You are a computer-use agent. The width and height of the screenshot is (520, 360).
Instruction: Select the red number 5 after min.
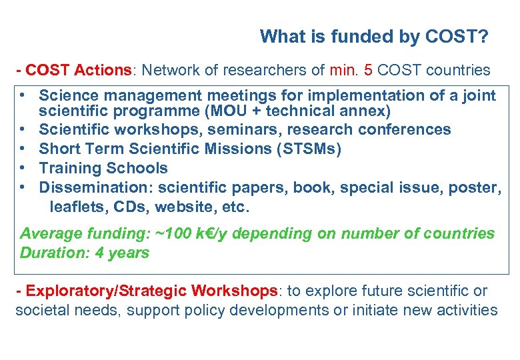[x=367, y=70]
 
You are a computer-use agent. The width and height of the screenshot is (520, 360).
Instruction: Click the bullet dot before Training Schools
[x=23, y=168]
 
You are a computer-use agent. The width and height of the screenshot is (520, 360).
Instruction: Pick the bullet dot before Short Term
[x=23, y=149]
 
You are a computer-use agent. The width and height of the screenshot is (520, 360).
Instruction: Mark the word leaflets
[x=75, y=207]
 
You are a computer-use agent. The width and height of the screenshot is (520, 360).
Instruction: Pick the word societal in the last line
[x=39, y=310]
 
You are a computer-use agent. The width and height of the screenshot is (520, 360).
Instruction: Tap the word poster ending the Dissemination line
[x=477, y=187]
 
